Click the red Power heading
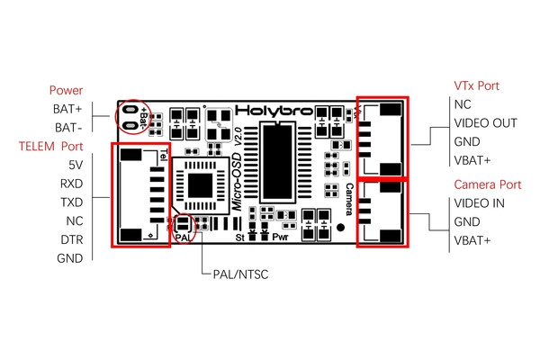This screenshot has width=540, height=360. tap(66, 90)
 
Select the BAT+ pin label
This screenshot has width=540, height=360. tap(67, 109)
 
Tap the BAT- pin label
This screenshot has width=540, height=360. tap(68, 128)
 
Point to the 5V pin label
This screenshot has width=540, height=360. tap(76, 166)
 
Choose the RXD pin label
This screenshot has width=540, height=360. tap(71, 184)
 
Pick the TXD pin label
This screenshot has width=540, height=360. tap(71, 202)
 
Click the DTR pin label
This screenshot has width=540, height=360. tap(71, 239)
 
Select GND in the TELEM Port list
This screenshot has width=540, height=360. tap(70, 258)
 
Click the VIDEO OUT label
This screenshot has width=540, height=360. tap(485, 123)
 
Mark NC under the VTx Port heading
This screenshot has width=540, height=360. tap(463, 104)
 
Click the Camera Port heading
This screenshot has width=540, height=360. tap(486, 184)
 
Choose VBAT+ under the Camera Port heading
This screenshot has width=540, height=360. tap(472, 240)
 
